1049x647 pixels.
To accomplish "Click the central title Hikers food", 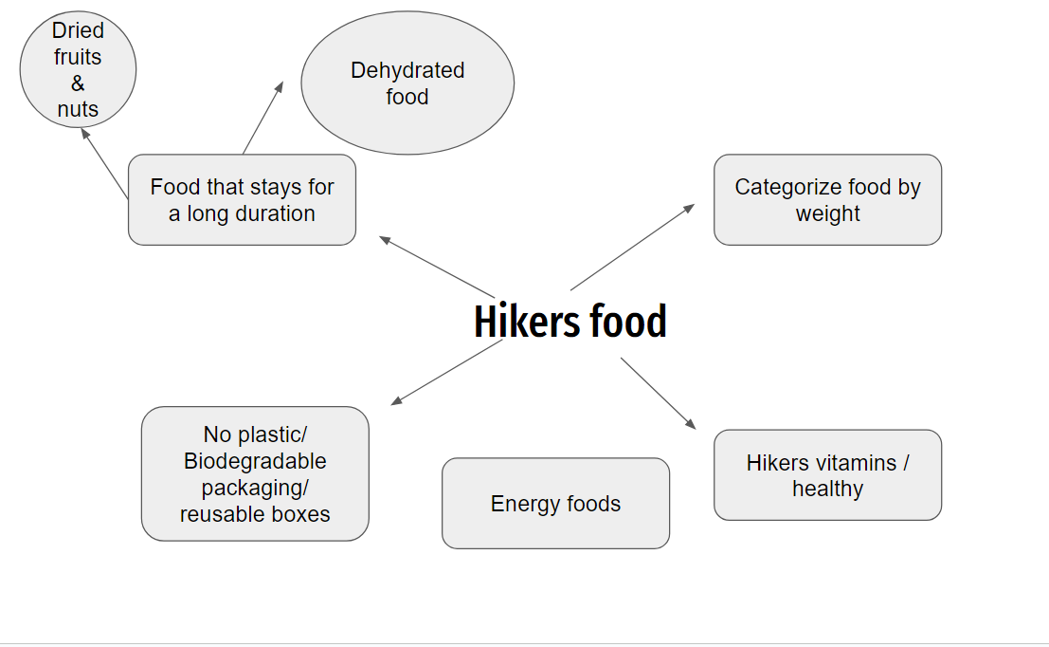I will [x=570, y=322].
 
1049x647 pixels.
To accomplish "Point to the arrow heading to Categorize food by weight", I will [x=632, y=247].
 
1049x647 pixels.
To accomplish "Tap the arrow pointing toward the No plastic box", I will [x=447, y=372].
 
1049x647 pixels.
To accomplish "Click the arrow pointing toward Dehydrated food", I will [x=263, y=118].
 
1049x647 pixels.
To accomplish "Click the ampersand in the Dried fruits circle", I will [x=78, y=83].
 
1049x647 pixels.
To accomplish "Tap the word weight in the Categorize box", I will [x=827, y=213].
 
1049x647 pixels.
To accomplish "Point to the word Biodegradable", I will [x=255, y=461].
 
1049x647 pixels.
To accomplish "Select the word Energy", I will [x=519, y=504].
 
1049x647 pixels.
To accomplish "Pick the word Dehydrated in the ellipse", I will [x=407, y=70].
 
